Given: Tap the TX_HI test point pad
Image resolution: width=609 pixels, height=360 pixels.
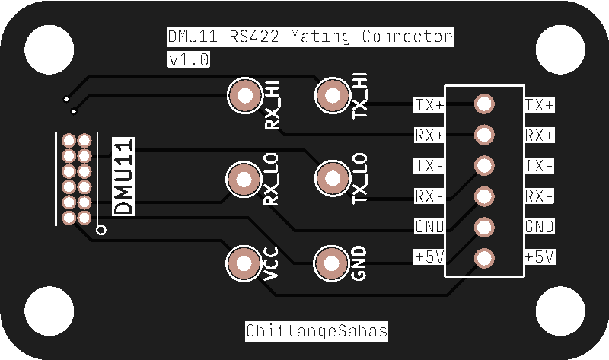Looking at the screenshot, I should [x=331, y=96].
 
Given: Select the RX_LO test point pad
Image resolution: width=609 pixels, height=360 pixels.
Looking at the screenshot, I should [x=244, y=180].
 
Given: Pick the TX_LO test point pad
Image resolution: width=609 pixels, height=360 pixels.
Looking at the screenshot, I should [x=331, y=180].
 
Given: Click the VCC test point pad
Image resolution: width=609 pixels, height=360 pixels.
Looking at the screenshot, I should [x=244, y=263].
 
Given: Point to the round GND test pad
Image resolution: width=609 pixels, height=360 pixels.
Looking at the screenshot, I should [x=331, y=263].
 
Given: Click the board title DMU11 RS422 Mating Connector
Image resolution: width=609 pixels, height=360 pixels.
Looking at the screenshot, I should [x=310, y=37].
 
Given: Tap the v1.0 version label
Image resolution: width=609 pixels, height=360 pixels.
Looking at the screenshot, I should [x=188, y=59].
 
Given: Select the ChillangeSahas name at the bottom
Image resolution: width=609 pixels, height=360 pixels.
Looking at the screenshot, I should [x=316, y=331].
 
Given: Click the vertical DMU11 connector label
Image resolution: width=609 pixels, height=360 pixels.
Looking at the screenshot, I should [x=123, y=177].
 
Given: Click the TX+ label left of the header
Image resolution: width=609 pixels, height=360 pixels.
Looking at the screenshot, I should [x=429, y=104].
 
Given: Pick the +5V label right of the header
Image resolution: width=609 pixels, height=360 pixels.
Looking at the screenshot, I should [x=540, y=257].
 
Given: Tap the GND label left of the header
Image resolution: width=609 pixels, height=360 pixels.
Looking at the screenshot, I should [x=429, y=227].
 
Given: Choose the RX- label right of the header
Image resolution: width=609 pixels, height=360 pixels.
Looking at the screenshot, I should [x=540, y=196].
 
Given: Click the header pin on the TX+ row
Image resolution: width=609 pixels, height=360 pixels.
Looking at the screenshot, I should [x=484, y=104].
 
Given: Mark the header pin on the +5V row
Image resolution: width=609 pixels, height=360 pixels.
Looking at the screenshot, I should [x=484, y=257].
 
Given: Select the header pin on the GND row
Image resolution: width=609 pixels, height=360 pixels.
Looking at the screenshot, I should [x=484, y=227].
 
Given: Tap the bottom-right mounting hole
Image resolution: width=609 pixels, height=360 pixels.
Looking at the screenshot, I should [x=560, y=312].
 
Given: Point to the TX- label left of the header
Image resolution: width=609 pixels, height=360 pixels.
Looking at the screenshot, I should [x=429, y=165].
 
